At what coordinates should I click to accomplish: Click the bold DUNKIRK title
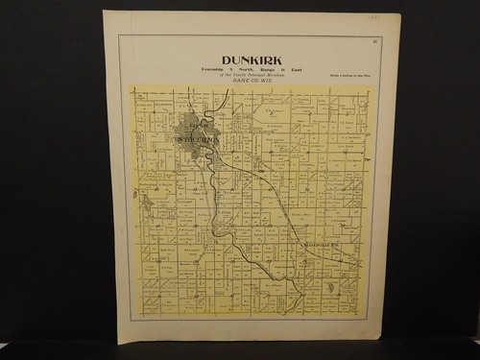click(252, 60)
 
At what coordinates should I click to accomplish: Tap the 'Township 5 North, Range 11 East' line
click(252, 69)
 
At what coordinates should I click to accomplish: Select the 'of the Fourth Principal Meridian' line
click(252, 75)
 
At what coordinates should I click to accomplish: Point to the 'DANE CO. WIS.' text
click(252, 81)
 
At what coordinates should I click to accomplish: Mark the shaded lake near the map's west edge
click(145, 203)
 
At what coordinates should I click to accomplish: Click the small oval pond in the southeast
click(332, 285)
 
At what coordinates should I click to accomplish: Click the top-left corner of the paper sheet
click(104, 12)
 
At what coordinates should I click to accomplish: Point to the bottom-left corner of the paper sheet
click(118, 343)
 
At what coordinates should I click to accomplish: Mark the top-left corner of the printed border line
click(119, 36)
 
